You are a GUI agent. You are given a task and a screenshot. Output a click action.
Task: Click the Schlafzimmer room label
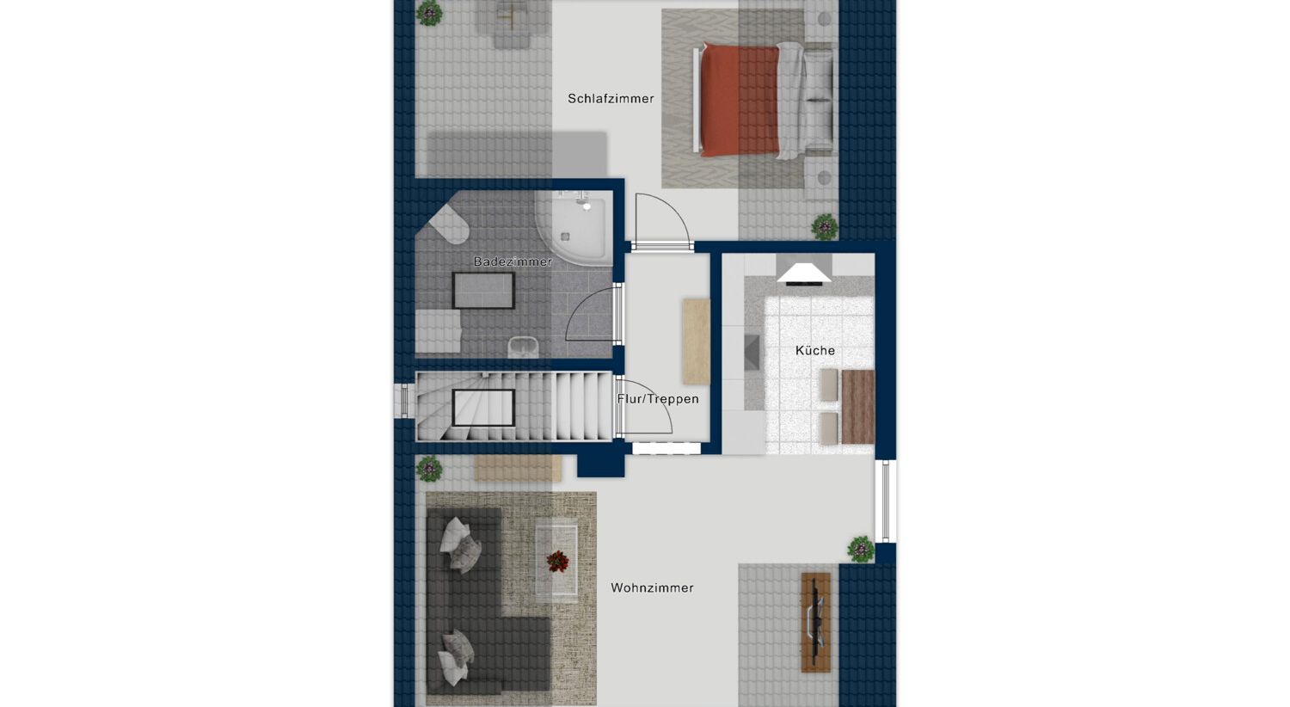pyautogui.click(x=611, y=98)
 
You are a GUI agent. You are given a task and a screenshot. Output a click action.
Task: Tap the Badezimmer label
pyautogui.click(x=513, y=261)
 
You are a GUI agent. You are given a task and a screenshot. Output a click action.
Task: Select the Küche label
pyautogui.click(x=815, y=350)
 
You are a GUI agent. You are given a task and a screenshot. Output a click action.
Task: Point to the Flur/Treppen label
pyautogui.click(x=658, y=398)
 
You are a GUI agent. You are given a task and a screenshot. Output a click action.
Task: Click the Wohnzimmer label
pyautogui.click(x=652, y=587)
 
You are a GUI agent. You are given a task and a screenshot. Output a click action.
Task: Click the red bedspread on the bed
pyautogui.click(x=740, y=99)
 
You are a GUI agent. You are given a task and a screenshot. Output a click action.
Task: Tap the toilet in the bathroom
pyautogui.click(x=449, y=224)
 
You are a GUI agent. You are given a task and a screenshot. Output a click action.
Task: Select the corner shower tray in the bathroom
pyautogui.click(x=573, y=229)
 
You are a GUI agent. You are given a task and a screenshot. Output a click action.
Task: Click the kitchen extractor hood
pyautogui.click(x=804, y=274)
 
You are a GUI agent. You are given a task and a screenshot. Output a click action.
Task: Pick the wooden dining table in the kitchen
pyautogui.click(x=858, y=407)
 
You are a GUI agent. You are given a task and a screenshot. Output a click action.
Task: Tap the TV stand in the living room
pyautogui.click(x=815, y=622)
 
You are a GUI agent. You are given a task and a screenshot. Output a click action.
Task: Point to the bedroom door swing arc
pyautogui.click(x=673, y=209)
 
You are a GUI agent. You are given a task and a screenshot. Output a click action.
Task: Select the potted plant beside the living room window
pyautogui.click(x=861, y=549)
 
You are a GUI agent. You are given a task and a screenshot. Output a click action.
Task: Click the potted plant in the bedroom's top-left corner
pyautogui.click(x=429, y=13)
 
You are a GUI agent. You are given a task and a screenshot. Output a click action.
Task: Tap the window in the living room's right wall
pyautogui.click(x=886, y=501)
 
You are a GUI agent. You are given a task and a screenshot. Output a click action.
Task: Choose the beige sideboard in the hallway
pyautogui.click(x=696, y=341)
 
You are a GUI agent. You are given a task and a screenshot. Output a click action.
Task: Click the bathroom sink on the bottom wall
pyautogui.click(x=523, y=347)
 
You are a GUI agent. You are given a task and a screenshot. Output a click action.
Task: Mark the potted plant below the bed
pyautogui.click(x=824, y=227)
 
